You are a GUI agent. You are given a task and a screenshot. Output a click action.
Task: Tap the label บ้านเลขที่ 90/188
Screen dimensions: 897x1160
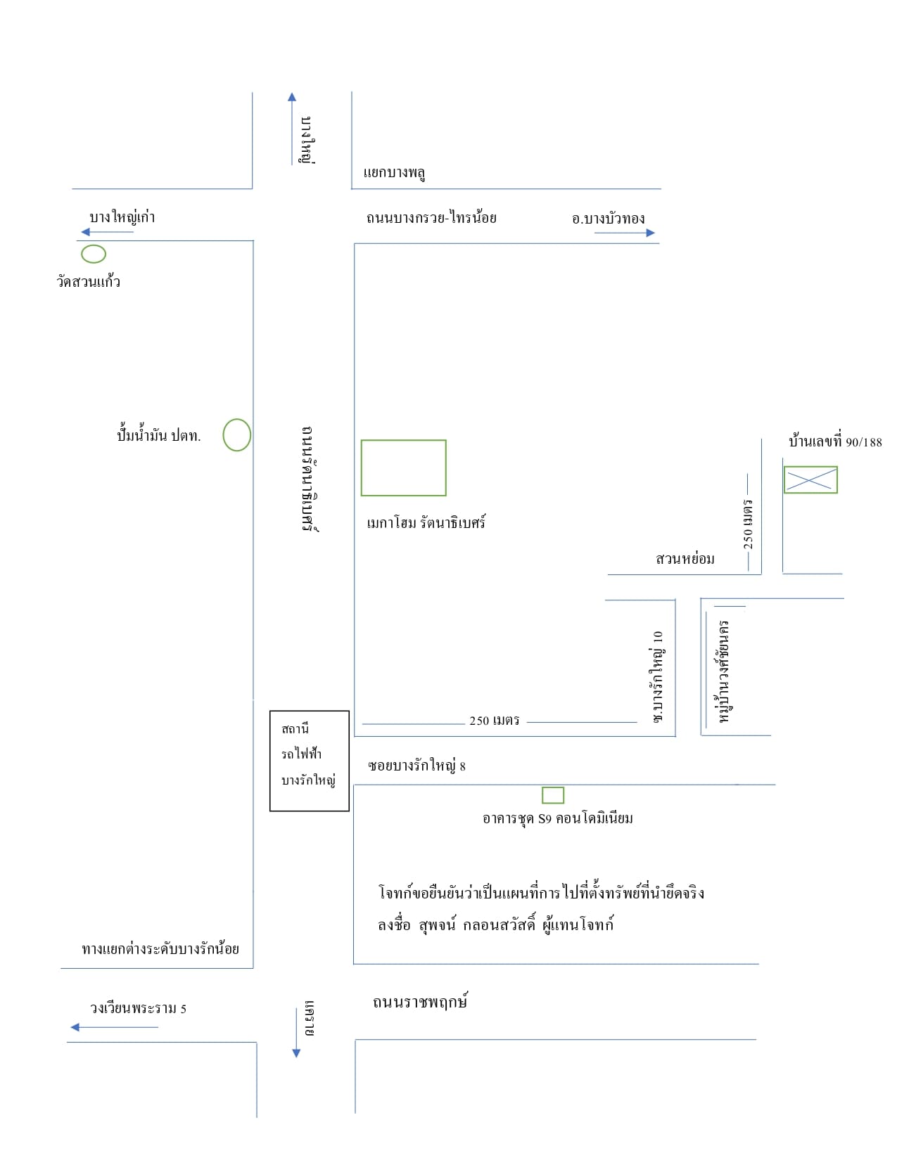coord(834,441)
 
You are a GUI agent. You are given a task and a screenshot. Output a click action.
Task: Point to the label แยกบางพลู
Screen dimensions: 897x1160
coord(394,172)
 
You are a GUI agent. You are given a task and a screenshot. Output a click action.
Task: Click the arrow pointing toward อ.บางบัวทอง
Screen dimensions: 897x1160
coord(624,233)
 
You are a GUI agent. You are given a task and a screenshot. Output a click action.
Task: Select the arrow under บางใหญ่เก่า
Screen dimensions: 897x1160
coord(108,232)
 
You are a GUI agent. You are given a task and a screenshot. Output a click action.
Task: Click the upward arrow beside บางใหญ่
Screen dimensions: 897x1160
coord(292,129)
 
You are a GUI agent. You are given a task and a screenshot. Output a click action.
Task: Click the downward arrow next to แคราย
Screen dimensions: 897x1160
coord(296,1033)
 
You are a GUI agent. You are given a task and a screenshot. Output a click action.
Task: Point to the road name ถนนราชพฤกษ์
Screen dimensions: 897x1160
coord(420,1001)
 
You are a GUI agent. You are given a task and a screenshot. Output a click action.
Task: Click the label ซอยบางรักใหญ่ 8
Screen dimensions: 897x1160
coord(416,765)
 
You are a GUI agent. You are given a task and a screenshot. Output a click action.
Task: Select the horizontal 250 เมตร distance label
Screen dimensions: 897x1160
coord(494,721)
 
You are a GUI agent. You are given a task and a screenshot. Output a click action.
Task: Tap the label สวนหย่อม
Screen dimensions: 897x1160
coord(685,559)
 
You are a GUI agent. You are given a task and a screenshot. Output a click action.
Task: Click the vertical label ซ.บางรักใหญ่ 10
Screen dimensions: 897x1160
coord(657,676)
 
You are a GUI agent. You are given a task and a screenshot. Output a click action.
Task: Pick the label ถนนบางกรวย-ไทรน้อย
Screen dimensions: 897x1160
coord(431,217)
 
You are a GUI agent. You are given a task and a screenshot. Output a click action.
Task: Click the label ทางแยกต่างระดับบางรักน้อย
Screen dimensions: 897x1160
coord(160,948)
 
